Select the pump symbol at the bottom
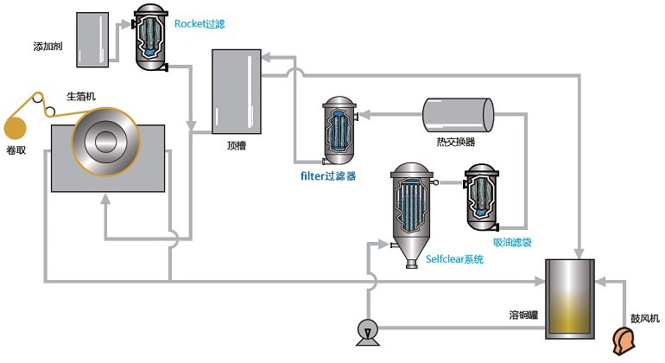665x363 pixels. (368, 330)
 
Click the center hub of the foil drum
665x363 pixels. (108, 141)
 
